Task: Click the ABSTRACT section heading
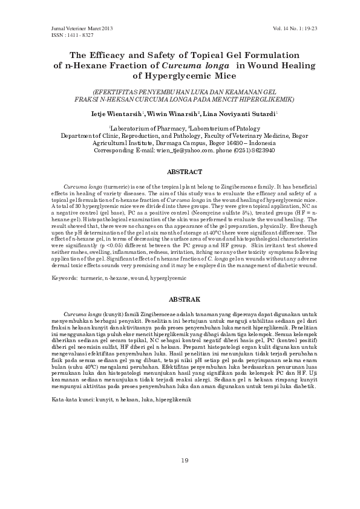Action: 180,172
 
